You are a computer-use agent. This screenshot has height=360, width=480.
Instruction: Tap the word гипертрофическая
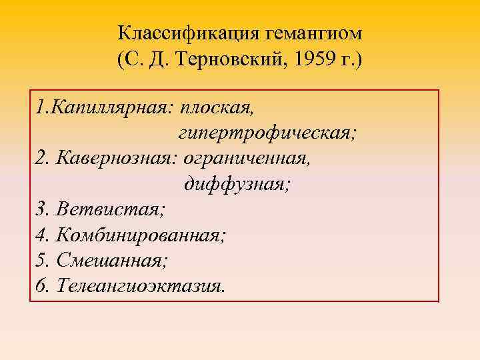[267, 133]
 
